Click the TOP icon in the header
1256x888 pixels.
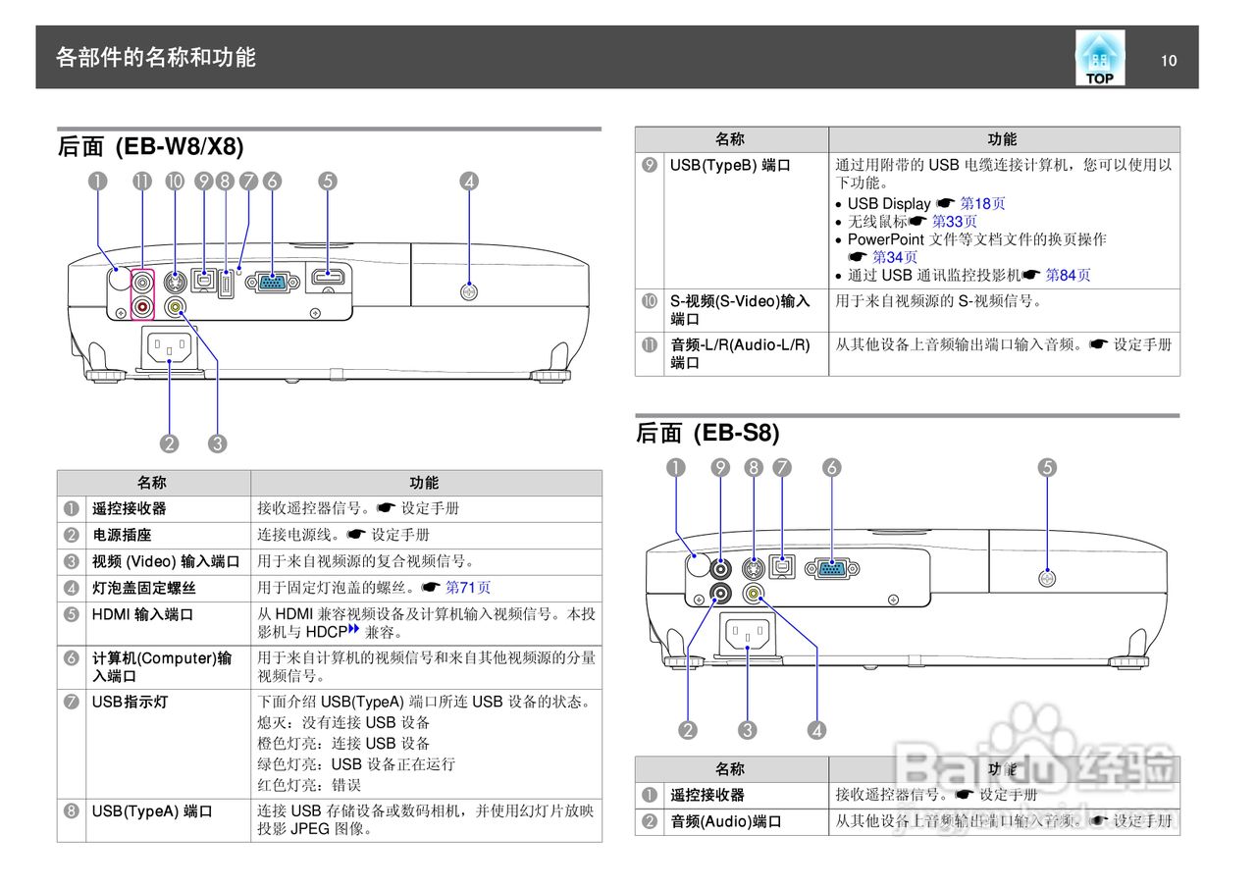click(1099, 58)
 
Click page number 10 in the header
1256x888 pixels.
click(1168, 61)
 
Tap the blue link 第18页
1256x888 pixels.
click(982, 204)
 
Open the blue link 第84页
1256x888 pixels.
click(1068, 276)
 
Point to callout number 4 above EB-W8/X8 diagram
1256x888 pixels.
click(469, 181)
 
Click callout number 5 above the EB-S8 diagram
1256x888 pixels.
click(1047, 468)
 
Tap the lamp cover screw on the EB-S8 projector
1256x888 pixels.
click(1047, 579)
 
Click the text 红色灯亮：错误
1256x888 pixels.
click(309, 785)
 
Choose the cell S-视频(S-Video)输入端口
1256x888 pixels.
click(740, 310)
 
